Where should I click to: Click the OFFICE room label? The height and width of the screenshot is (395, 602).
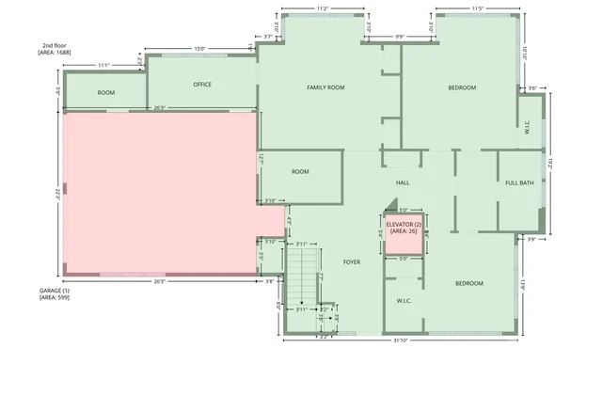coord(202,85)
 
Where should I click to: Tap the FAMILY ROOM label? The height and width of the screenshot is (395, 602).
coord(325,87)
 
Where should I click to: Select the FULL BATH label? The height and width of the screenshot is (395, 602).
coord(519,182)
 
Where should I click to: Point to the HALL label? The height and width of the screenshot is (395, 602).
coord(403,182)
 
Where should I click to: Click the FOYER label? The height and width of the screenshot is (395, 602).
coord(352,261)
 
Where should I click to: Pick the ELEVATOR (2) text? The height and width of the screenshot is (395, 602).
coord(404,225)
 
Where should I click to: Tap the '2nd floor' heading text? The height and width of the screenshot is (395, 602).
coord(54,45)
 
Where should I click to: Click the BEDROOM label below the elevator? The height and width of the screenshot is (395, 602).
coord(469,283)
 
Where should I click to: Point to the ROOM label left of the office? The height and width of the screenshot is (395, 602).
coord(106,93)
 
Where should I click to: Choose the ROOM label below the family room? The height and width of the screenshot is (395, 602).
coord(300,172)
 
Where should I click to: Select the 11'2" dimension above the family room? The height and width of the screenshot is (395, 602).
coord(322,8)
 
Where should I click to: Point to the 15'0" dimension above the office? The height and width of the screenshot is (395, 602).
coord(199,49)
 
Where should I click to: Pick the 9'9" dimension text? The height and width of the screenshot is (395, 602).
coord(399,38)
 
